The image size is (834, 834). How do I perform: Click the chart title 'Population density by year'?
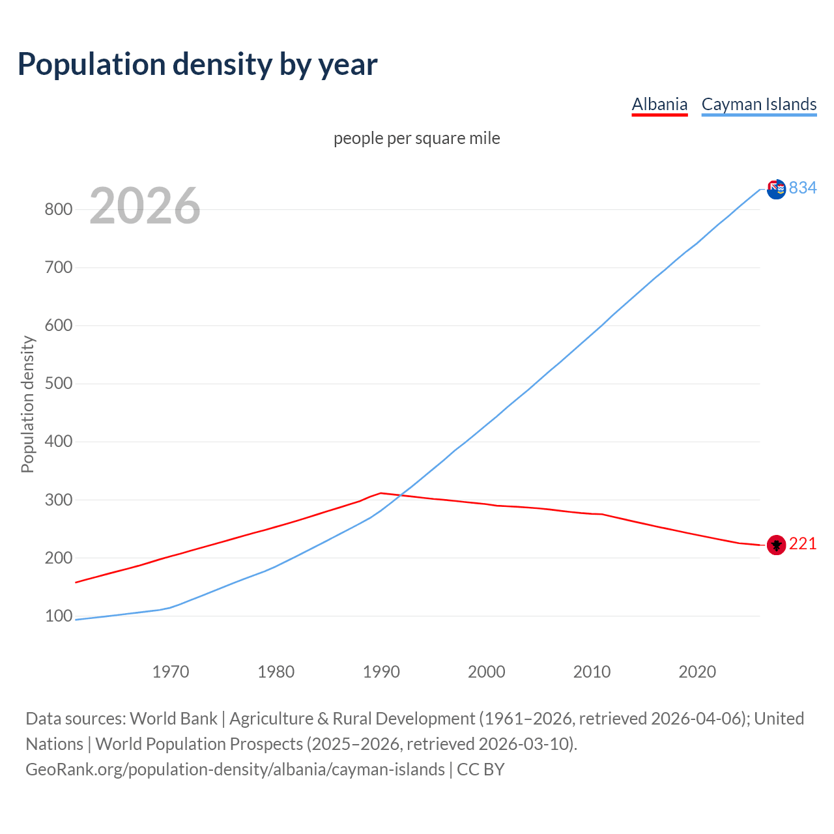[197, 64]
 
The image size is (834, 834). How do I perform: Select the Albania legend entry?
[659, 104]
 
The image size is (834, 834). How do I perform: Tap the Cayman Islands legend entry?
[759, 104]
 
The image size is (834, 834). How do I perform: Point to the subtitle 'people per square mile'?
[417, 138]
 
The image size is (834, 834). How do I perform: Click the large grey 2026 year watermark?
[145, 206]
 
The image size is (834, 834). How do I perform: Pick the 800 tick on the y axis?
[58, 209]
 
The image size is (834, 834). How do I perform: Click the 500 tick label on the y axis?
[58, 383]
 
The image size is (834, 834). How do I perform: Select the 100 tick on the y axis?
[58, 616]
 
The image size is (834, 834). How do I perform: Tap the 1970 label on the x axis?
[171, 671]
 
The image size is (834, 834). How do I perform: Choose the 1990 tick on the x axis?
[381, 671]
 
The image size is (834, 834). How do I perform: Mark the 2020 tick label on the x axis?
[697, 671]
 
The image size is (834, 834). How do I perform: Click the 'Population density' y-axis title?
[27, 404]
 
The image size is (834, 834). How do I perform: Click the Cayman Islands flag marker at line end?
[776, 190]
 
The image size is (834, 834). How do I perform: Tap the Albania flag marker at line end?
[776, 544]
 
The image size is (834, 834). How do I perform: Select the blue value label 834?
[803, 188]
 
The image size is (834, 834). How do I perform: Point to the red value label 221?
[803, 543]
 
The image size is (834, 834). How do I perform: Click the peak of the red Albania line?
[381, 493]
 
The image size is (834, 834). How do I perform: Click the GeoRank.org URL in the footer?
[235, 769]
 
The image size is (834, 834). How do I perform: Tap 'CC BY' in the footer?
[481, 769]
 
